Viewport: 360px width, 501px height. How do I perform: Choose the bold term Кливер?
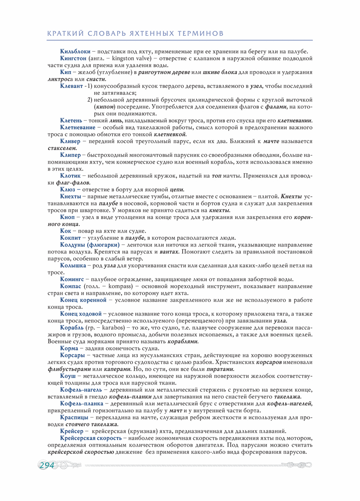pos(70,141)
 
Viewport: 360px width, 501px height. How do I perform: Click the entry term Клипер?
pos(70,155)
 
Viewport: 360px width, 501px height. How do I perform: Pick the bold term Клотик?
pos(70,175)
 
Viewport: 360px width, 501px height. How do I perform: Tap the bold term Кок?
pos(65,231)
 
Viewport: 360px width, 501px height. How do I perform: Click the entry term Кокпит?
pos(71,238)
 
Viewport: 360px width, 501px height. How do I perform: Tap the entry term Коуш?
pos(68,376)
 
